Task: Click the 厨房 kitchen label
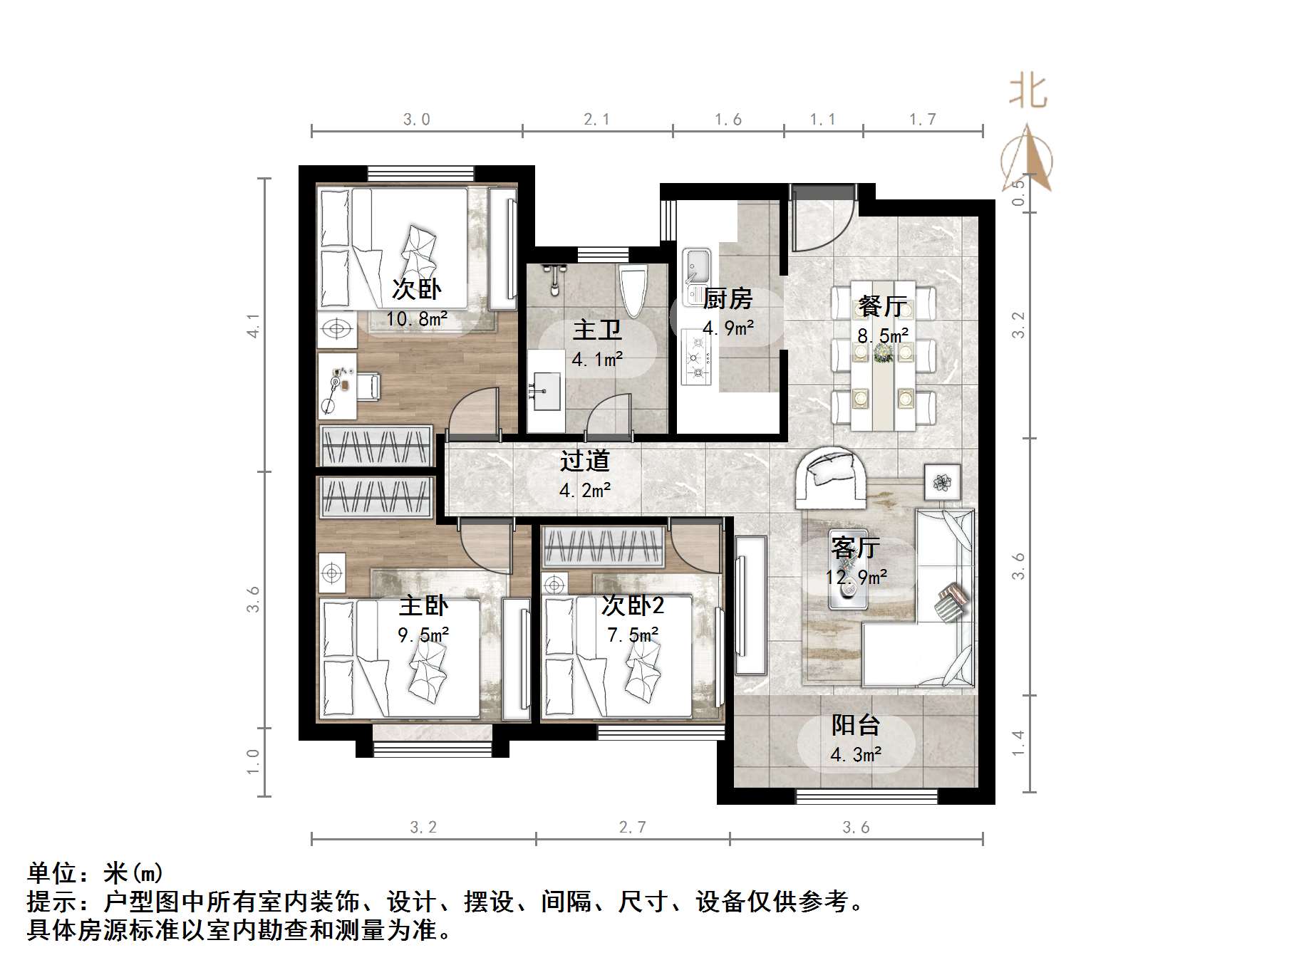(727, 299)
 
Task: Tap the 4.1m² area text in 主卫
(597, 360)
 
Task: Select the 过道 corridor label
(584, 461)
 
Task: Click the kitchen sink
(696, 266)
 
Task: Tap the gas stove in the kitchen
(696, 357)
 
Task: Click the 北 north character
(1028, 92)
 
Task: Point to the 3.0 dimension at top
(417, 120)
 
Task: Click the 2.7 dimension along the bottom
(633, 828)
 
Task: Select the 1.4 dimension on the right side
(1018, 744)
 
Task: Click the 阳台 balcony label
(855, 725)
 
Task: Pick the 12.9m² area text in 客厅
(856, 577)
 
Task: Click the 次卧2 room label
(633, 605)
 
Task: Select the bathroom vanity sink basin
(546, 390)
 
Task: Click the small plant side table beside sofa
(943, 482)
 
